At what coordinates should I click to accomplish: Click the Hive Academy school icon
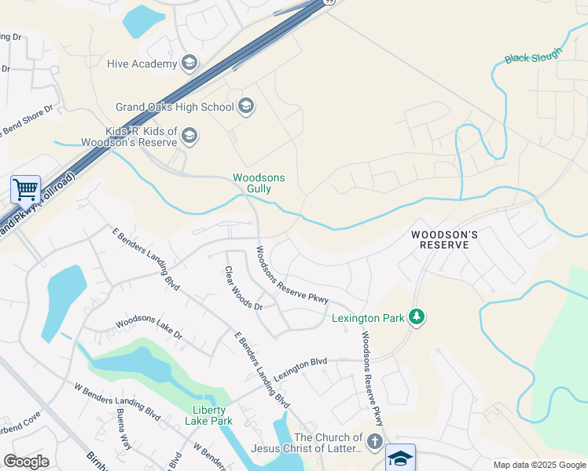(189, 63)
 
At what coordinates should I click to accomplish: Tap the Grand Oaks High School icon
(246, 106)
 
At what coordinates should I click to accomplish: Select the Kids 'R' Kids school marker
(189, 137)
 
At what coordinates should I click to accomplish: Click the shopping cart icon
(25, 189)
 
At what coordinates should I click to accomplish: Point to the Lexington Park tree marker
(417, 317)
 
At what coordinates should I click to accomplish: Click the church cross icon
(375, 442)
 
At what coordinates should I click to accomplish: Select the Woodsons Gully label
(259, 183)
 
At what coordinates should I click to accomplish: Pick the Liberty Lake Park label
(208, 415)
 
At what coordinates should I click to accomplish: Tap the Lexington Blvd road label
(300, 363)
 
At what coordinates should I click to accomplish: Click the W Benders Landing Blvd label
(117, 402)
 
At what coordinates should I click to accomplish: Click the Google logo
(26, 462)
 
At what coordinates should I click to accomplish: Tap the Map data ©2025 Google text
(538, 465)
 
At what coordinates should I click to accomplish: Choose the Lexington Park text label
(368, 318)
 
